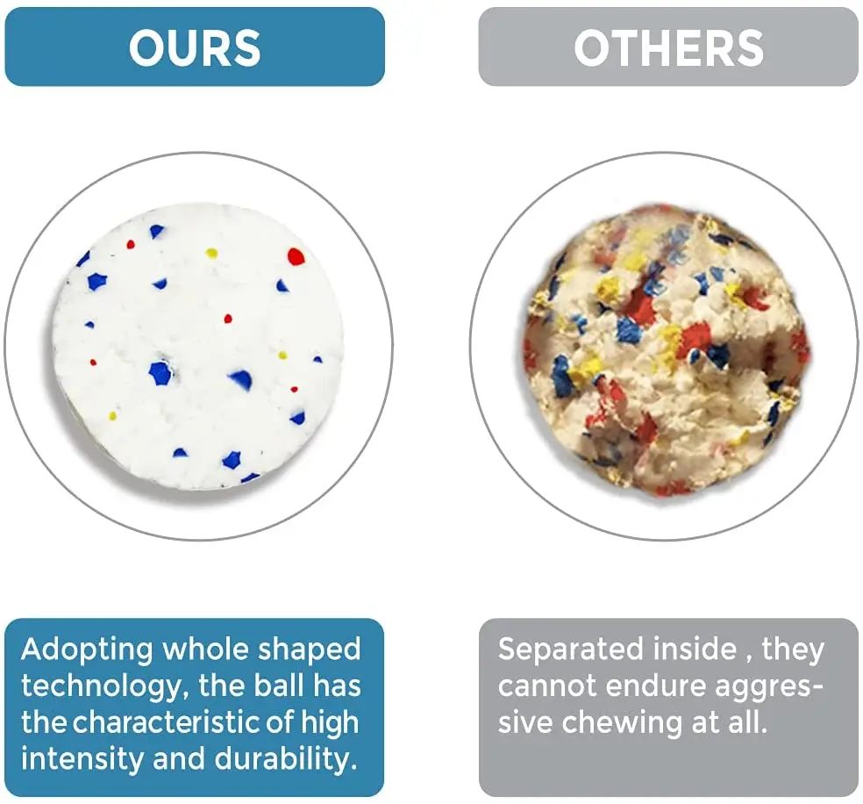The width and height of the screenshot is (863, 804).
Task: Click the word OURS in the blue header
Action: point(195,48)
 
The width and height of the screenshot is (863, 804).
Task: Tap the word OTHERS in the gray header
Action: point(668,48)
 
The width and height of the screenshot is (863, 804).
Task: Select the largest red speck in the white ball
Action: point(296,256)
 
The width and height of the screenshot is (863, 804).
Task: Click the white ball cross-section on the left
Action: point(198,347)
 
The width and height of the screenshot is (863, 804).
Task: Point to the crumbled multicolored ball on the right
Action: point(666,349)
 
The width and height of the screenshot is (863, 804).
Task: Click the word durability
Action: point(286,760)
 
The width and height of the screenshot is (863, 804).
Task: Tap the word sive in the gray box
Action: point(525,722)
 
